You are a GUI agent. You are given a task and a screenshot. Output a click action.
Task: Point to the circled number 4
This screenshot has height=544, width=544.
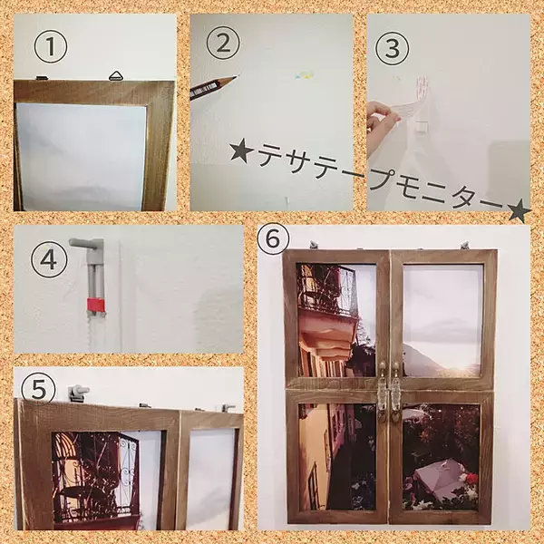point(48,260)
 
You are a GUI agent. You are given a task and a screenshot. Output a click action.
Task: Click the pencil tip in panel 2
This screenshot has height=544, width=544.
point(233,78)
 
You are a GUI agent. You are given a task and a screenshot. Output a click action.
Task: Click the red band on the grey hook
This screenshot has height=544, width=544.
point(95,302)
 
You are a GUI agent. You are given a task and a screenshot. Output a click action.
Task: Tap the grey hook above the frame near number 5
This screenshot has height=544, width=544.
point(78,393)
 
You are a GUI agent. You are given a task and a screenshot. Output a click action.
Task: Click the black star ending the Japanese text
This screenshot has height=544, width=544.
point(519,211)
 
